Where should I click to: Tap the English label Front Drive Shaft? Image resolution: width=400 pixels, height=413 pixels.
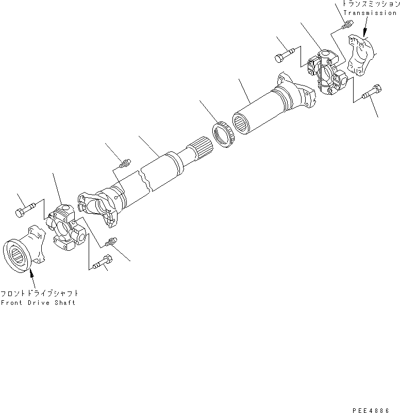coord(38,303)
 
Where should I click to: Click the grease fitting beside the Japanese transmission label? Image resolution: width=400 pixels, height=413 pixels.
coord(346,24)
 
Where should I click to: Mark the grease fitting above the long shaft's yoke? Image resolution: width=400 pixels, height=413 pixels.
coord(123,164)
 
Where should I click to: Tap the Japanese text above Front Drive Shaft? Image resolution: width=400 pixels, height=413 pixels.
coord(39,292)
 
